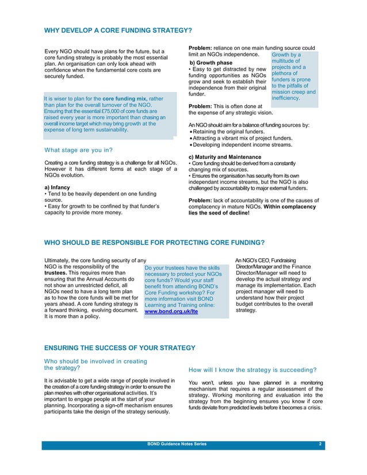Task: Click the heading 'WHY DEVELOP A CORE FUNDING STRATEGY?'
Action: click(118, 30)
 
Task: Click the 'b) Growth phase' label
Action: click(211, 63)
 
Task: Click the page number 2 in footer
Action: click(319, 445)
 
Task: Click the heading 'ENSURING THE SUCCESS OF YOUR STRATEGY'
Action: click(120, 347)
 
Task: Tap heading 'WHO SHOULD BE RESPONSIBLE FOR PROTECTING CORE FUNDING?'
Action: click(155, 242)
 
